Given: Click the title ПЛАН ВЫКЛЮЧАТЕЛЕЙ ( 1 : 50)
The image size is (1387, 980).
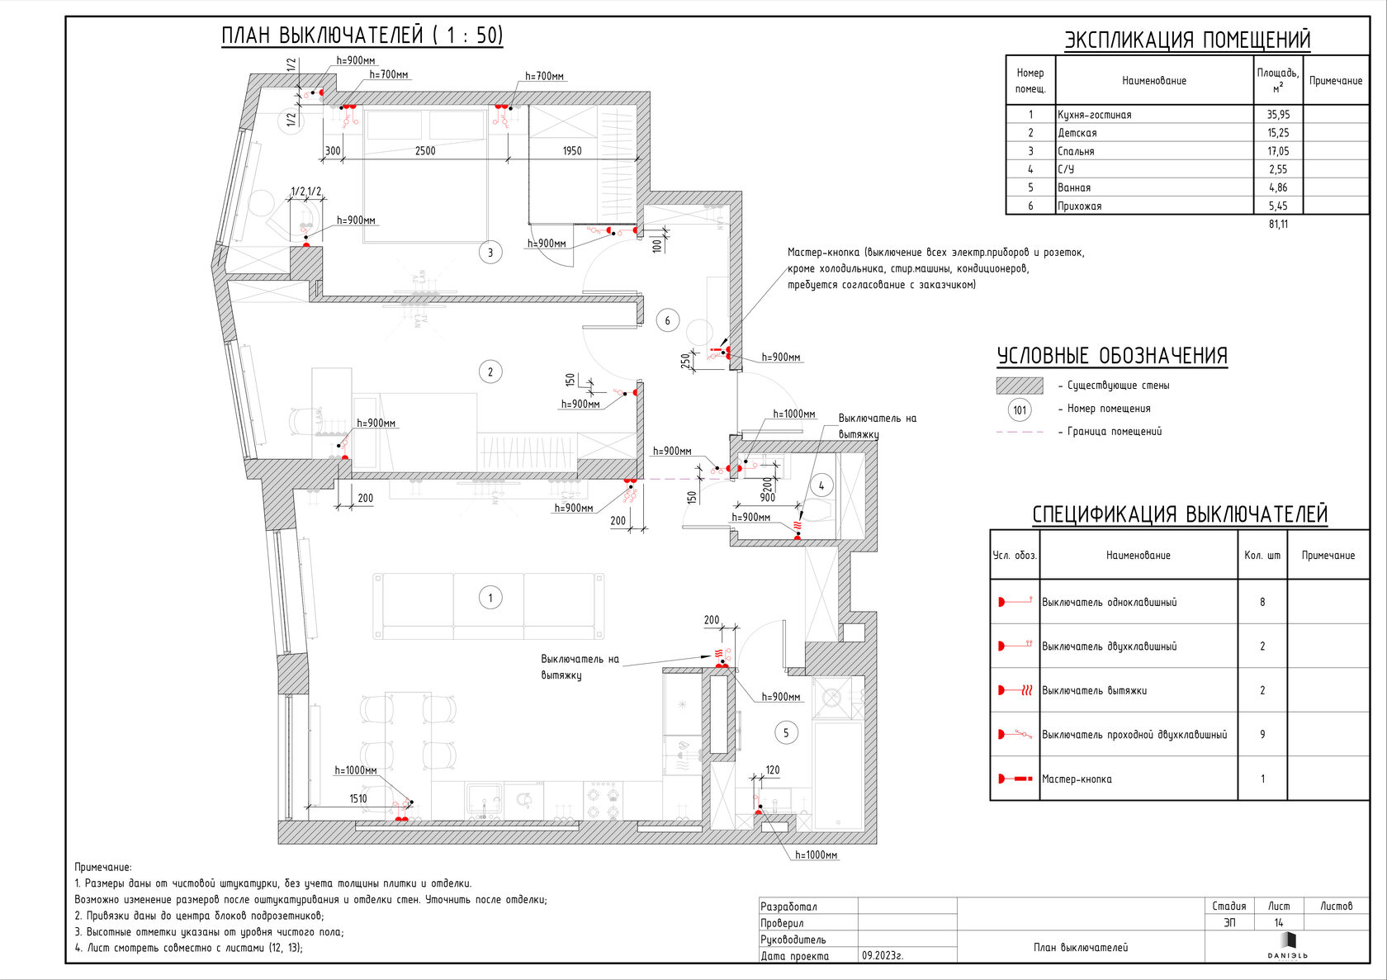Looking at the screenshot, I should [362, 36].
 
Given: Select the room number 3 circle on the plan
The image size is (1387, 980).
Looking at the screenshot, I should [490, 252].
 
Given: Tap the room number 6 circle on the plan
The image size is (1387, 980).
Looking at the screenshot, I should [667, 320].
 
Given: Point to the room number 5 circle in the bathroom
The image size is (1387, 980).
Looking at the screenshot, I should [786, 732].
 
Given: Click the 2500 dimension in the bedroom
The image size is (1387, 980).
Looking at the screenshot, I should [425, 151].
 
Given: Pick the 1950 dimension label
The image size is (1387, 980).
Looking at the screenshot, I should [572, 151].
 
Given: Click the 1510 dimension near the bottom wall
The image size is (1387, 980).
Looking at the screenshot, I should [358, 798].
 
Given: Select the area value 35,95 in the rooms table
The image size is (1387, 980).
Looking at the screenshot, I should [1278, 115].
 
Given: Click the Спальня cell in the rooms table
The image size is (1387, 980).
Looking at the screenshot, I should [1077, 151].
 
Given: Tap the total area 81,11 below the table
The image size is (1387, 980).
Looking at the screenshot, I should [1278, 224].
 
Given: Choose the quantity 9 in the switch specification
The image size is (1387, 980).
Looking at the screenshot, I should [1262, 735].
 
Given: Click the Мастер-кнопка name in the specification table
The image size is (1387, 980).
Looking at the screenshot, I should [1077, 779].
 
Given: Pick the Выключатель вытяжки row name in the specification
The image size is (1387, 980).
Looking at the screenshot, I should [1094, 690].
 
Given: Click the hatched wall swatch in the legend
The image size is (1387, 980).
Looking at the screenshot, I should [1020, 386].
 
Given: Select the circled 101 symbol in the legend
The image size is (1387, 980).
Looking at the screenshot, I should [1020, 410].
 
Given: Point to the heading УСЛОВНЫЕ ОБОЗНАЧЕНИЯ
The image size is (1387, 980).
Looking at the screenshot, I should [1112, 356].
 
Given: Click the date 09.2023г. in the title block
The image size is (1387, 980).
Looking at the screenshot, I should [883, 955].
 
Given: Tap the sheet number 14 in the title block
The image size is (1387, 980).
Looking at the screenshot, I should [1279, 923].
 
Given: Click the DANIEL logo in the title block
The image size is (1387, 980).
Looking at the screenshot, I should [1288, 946].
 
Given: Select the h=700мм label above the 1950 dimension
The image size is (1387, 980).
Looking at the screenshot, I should [544, 76].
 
